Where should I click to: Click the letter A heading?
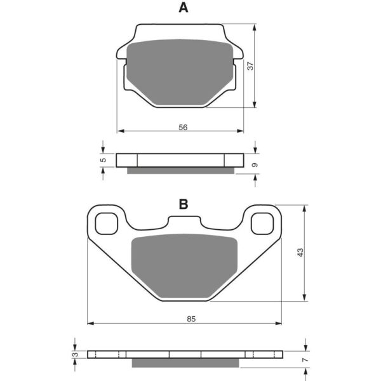184,8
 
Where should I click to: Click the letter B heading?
184,204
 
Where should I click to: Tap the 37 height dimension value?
250,66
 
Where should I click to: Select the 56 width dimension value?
183,127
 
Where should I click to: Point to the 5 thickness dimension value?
104,160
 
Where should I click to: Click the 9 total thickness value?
255,165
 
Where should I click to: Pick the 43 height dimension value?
300,252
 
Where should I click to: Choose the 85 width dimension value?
191,319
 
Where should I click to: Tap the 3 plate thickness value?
76,354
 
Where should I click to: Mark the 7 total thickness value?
305,359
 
